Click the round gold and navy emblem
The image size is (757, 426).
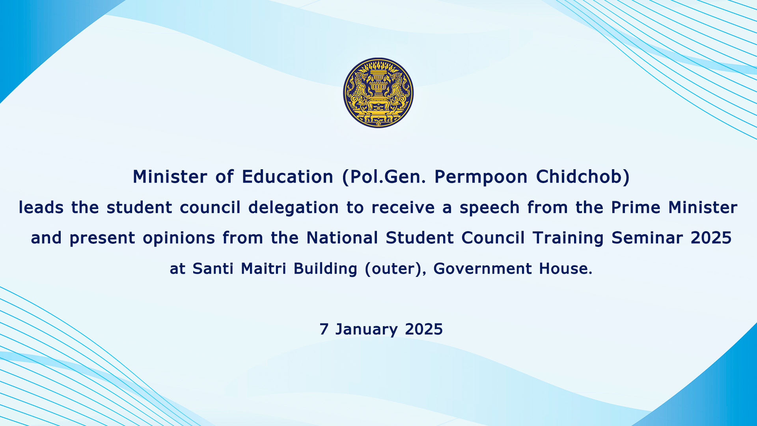(378, 93)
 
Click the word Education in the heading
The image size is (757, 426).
(288, 177)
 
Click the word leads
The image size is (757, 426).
(41, 207)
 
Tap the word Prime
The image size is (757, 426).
(636, 207)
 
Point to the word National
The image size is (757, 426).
(342, 238)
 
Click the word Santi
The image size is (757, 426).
(213, 269)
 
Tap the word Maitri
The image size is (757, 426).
(263, 269)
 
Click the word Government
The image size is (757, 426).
(483, 269)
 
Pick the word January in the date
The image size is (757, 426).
(366, 330)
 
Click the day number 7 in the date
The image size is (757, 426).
(324, 329)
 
